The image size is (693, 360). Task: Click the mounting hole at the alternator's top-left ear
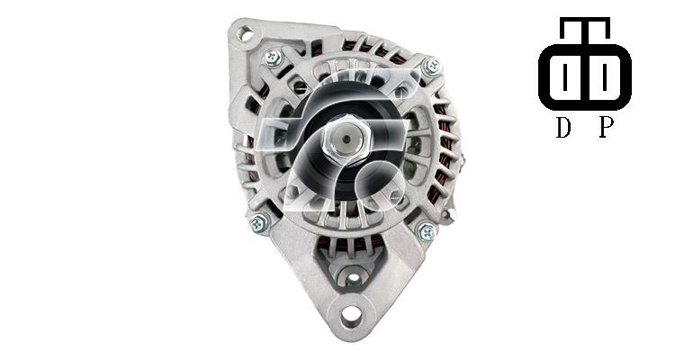(245, 33)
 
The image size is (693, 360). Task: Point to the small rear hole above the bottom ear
(353, 279)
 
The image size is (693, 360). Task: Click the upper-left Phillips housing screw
(272, 57)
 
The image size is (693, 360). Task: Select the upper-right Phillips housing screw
(432, 67)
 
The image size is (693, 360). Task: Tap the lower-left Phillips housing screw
(258, 223)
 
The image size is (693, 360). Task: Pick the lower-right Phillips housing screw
(426, 231)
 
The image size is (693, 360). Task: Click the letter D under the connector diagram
(562, 128)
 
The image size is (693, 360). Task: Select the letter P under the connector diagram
(607, 128)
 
